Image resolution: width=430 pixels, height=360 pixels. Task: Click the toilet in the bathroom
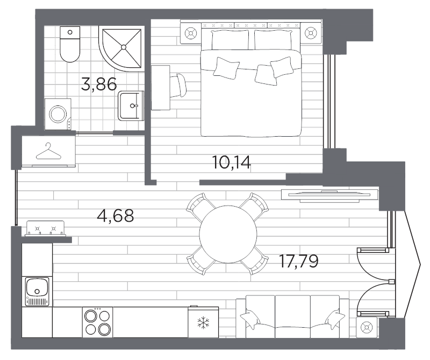[69, 45]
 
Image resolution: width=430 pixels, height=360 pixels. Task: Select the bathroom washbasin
[130, 105]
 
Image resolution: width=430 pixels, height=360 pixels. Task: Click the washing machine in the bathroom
[59, 114]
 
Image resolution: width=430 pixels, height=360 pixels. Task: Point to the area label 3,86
[98, 84]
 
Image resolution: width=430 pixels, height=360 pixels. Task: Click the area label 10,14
[232, 161]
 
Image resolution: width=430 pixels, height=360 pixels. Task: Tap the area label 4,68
[115, 216]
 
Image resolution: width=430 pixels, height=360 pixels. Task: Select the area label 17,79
[299, 262]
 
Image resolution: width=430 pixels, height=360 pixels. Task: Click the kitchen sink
[37, 291]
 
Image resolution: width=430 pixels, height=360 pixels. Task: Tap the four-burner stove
[98, 322]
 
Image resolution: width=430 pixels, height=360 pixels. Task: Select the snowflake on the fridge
[203, 323]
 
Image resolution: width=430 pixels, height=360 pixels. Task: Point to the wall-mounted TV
[326, 194]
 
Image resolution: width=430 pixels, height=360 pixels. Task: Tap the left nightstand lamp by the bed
[190, 33]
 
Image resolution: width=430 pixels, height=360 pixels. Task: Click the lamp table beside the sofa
[367, 327]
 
